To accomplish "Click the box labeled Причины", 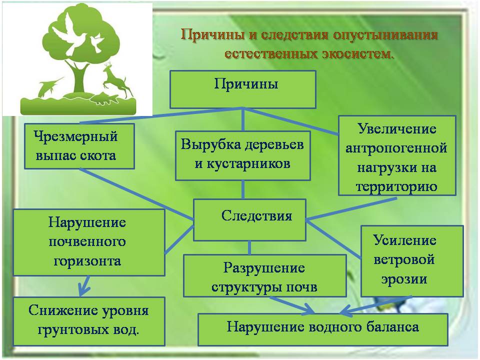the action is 243,89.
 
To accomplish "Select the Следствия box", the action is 249,220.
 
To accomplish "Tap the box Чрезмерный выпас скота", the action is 79,146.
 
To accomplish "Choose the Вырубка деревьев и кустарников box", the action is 243,155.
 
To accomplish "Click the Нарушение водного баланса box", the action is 323,329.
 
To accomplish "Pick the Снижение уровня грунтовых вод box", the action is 89,321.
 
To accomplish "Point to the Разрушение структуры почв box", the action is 265,275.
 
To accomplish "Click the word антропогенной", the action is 396,148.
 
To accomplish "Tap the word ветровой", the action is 404,259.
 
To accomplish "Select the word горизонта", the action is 87,261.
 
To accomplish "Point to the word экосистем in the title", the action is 356,54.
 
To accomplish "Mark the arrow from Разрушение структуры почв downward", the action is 292,305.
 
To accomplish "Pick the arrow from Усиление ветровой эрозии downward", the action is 376,305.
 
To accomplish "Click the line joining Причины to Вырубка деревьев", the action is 243,119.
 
